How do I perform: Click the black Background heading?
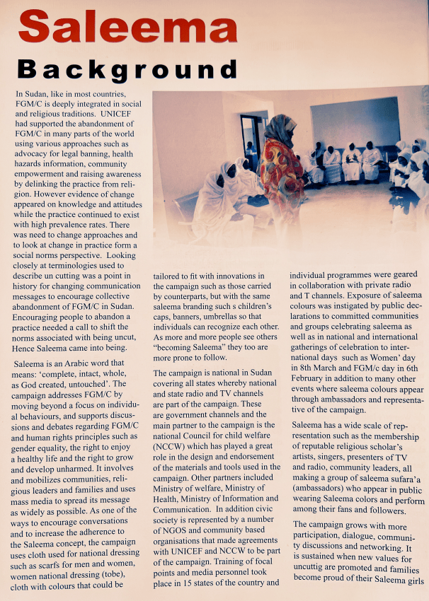127,70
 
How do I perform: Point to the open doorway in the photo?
251,141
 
